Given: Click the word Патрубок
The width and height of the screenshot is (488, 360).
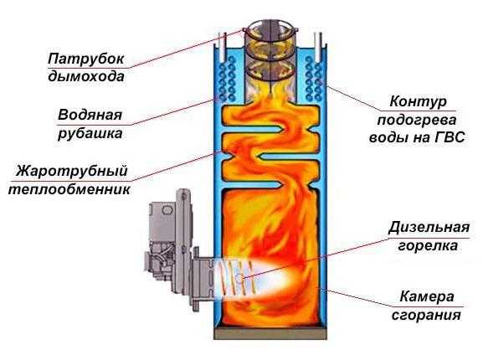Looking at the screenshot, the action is [86, 59].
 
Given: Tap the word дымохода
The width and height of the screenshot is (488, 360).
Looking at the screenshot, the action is [86, 76].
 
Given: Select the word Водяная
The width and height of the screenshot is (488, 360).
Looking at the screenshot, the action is [90, 116].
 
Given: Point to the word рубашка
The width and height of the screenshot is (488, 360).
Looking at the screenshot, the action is [90, 133].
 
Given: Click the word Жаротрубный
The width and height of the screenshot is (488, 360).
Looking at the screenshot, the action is [72, 172].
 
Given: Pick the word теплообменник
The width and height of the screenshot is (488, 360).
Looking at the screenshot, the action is [69, 189].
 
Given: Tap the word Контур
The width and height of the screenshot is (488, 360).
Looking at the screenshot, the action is [418, 102].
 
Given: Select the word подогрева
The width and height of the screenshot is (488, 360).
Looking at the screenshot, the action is [417, 120].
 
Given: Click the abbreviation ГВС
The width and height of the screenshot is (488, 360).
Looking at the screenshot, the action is [449, 137].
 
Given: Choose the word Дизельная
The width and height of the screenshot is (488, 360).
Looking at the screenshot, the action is [429, 228].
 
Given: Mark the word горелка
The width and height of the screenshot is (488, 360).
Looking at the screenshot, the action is [428, 246].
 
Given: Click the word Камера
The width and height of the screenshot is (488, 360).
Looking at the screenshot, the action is [427, 296].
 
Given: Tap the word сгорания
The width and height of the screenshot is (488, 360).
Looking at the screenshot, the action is [426, 315].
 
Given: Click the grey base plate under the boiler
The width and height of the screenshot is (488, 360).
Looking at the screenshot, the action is [270, 333].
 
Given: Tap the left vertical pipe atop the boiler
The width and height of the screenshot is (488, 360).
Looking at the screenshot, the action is [222, 47].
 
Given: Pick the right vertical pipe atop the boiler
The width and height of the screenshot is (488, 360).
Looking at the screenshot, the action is [318, 47].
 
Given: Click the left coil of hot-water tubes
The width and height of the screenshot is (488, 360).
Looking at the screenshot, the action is [227, 79].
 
